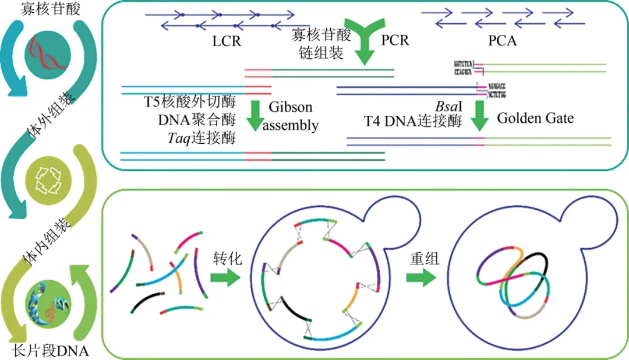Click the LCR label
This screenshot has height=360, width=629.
(x=227, y=41)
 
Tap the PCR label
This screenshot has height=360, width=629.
(x=395, y=41)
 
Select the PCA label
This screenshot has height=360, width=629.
(x=503, y=41)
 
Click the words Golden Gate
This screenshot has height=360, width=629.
(x=535, y=118)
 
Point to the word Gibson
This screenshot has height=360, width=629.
(x=291, y=108)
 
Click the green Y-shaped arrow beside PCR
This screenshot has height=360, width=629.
(x=365, y=44)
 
